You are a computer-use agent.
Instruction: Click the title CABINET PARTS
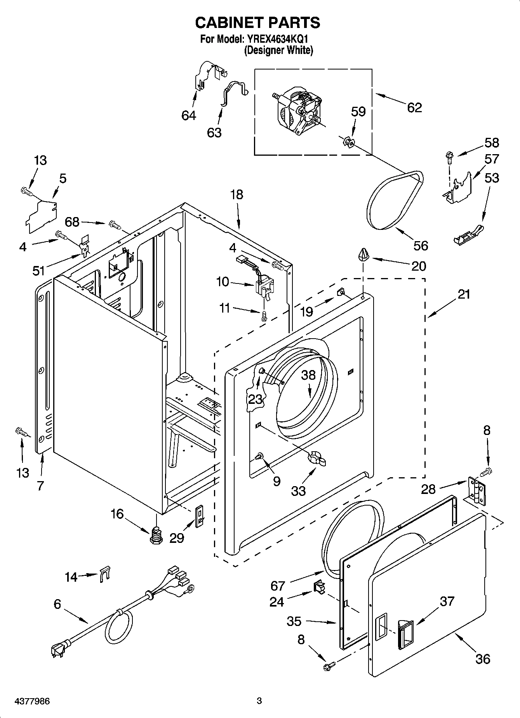point(257,23)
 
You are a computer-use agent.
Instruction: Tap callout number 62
point(414,108)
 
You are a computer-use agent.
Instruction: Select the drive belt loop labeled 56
point(392,202)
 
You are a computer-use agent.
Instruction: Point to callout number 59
point(358,111)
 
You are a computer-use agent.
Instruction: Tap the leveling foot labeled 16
point(156,535)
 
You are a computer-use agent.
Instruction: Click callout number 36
point(482,659)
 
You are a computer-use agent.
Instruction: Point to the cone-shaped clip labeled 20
point(363,255)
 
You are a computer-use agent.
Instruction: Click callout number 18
point(237,195)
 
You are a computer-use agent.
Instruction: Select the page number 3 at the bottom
point(259,701)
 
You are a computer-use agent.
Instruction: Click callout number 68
point(72,222)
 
